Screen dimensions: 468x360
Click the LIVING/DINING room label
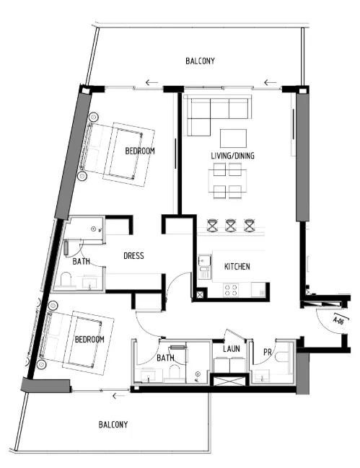(x=232, y=156)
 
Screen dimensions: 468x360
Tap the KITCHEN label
(x=237, y=267)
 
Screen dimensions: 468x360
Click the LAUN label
(x=231, y=348)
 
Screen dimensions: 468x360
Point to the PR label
(x=268, y=352)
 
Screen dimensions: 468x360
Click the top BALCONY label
(x=199, y=61)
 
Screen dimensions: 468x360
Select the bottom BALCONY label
(x=113, y=425)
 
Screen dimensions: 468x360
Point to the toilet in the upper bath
(x=67, y=281)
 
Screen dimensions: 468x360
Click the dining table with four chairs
(x=227, y=180)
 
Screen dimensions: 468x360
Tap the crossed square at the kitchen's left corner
(x=200, y=294)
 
